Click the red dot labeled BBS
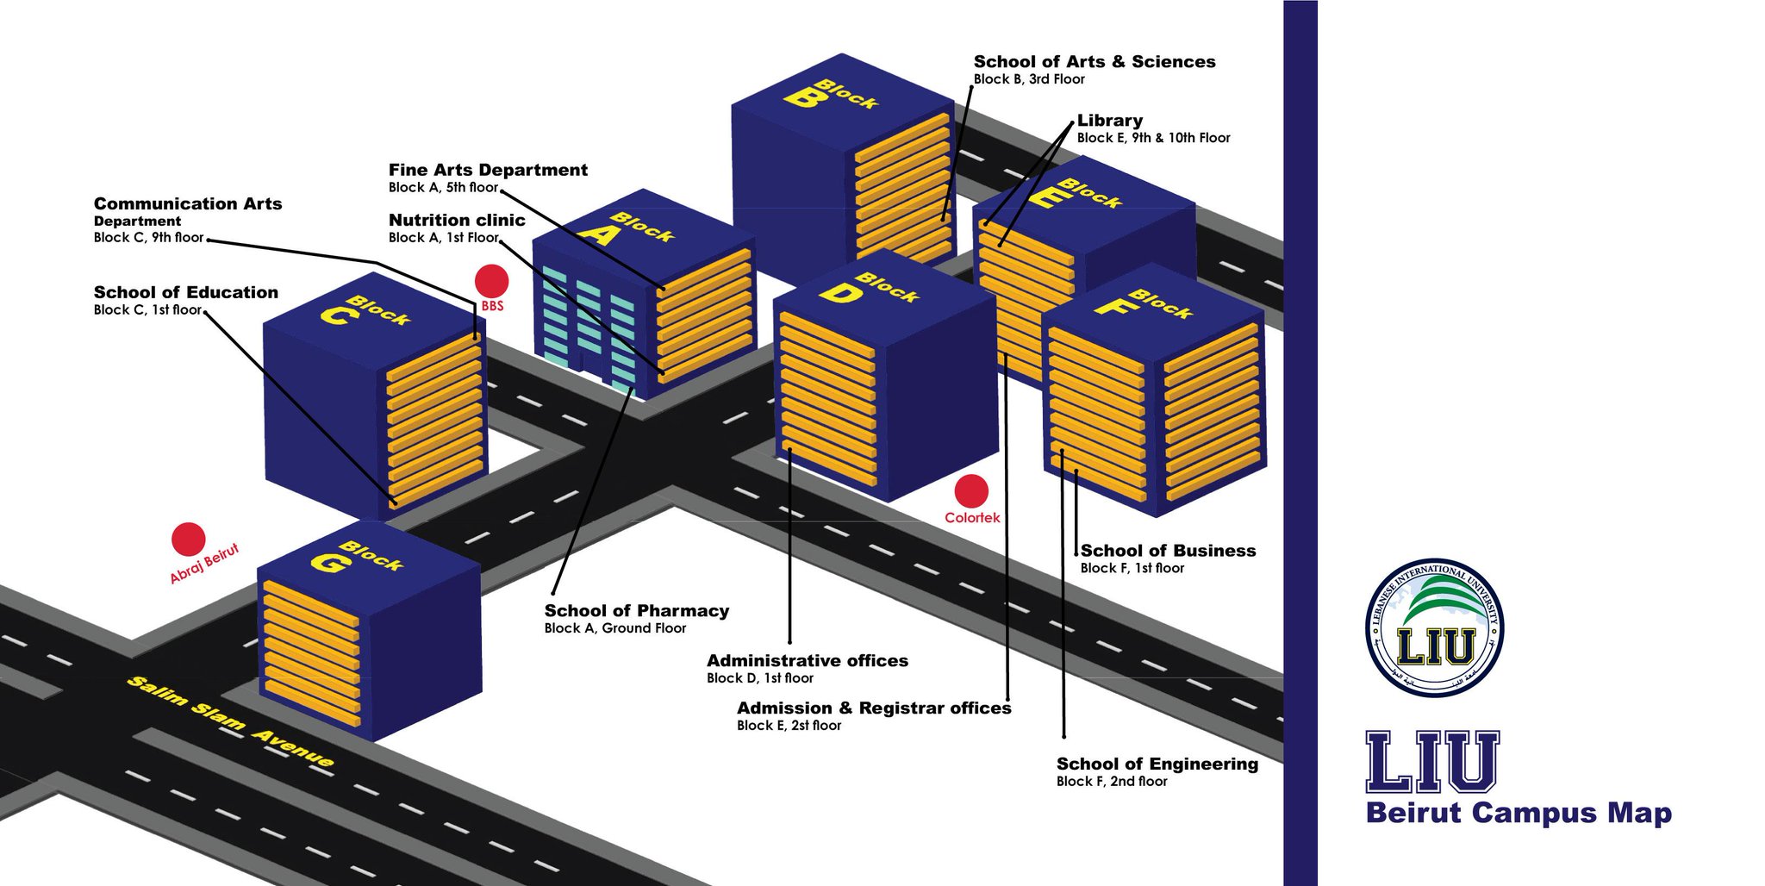click(491, 281)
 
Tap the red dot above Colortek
click(971, 491)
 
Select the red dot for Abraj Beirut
click(188, 540)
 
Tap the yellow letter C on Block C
click(336, 315)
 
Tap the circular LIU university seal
click(1435, 627)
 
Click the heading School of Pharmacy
click(637, 611)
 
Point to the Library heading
click(1110, 121)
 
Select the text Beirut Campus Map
click(1519, 813)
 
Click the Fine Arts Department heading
click(488, 170)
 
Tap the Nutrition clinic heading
click(457, 220)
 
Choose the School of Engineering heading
click(1157, 764)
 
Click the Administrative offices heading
click(808, 661)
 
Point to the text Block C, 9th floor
click(148, 238)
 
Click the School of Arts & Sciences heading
click(1095, 61)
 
